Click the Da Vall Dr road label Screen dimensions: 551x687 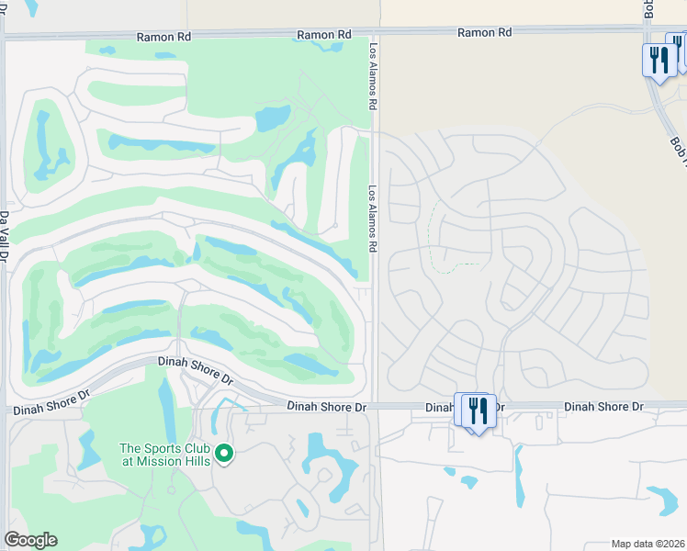[5, 240]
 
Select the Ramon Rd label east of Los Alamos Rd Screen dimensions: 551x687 [485, 32]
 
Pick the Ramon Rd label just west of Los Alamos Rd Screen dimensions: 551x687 [324, 35]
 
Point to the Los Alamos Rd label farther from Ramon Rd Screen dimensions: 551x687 [374, 219]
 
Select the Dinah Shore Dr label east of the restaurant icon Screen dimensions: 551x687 [603, 406]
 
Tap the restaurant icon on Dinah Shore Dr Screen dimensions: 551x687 [475, 410]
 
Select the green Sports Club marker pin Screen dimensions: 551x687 [223, 453]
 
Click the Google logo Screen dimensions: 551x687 [30, 540]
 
